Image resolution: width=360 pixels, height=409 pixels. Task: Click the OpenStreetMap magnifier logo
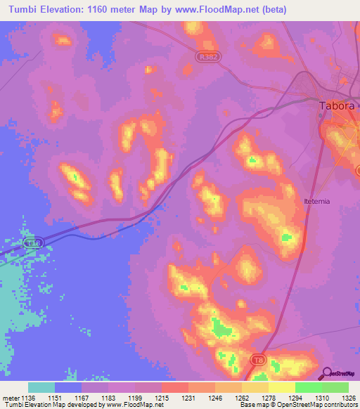pyautogui.click(x=326, y=374)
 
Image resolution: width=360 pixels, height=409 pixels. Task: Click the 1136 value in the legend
pyautogui.click(x=28, y=397)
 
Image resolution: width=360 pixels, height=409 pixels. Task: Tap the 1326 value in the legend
pyautogui.click(x=348, y=397)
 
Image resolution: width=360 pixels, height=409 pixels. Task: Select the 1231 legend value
pyautogui.click(x=188, y=397)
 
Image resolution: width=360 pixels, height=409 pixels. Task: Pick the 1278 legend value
pyautogui.click(x=269, y=397)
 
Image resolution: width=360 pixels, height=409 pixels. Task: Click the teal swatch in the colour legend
pyautogui.click(x=41, y=387)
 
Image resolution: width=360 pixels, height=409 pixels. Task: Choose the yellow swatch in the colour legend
pyautogui.click(x=282, y=387)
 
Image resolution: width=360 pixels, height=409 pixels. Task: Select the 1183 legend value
pyautogui.click(x=108, y=397)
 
